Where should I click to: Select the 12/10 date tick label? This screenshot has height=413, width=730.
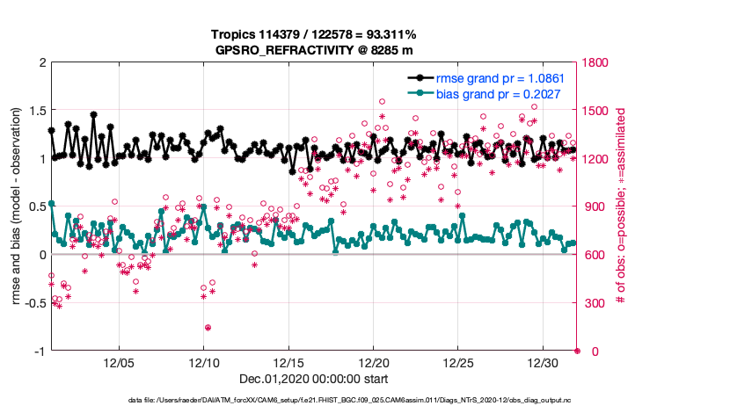[204, 363]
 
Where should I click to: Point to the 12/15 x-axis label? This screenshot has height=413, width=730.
[288, 363]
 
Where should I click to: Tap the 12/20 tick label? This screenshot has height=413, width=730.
[374, 363]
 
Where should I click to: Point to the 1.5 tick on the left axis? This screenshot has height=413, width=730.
[37, 111]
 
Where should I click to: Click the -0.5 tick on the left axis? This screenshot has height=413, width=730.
[34, 303]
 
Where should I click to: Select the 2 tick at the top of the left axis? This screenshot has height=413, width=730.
[42, 62]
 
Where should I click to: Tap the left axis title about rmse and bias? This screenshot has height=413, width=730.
[17, 206]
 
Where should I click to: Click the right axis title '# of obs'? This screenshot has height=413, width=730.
[621, 206]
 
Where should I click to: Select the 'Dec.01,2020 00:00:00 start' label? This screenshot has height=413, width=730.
[314, 380]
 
